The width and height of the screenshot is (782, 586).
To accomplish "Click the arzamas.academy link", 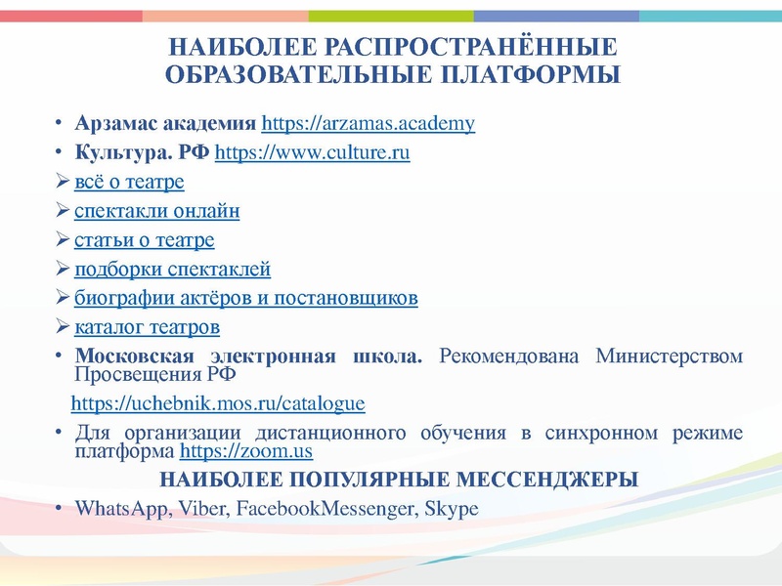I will pyautogui.click(x=369, y=124).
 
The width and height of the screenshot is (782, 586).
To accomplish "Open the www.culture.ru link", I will pyautogui.click(x=311, y=153).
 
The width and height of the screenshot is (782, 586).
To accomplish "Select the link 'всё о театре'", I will pyautogui.click(x=129, y=183).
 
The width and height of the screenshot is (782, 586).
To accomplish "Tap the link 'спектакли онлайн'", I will pyautogui.click(x=157, y=211).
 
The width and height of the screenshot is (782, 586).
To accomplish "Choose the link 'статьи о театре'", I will pyautogui.click(x=145, y=240).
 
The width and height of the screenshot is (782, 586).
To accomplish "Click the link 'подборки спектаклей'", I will pyautogui.click(x=172, y=270).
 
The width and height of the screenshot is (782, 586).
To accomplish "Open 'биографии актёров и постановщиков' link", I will pyautogui.click(x=246, y=298).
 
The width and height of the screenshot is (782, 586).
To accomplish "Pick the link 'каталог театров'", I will pyautogui.click(x=148, y=326).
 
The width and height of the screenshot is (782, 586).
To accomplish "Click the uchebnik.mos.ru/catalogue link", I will pyautogui.click(x=218, y=402).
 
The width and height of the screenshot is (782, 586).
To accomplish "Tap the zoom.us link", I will pyautogui.click(x=246, y=452).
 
